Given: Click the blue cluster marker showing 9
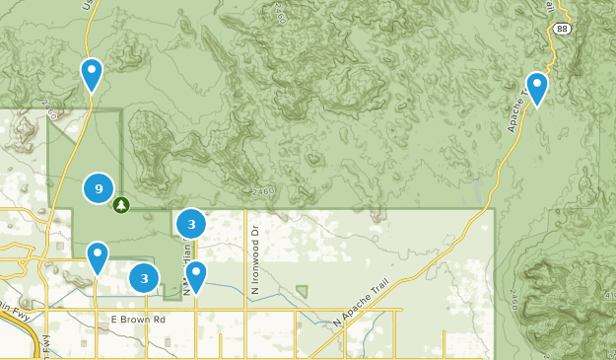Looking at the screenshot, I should tap(98, 187).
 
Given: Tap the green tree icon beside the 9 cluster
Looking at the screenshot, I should tap(121, 205).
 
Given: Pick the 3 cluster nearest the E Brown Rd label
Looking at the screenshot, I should tap(145, 278).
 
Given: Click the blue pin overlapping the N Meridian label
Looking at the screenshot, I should tap(196, 276).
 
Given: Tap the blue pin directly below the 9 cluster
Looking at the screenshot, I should tap(98, 257).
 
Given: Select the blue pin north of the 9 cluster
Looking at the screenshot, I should tap(92, 74).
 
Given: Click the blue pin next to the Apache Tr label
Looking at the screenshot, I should tap(537, 88).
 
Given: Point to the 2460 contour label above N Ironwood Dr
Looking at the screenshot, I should tap(263, 190).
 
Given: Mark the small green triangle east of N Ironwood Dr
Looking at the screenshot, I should tap(302, 292).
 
